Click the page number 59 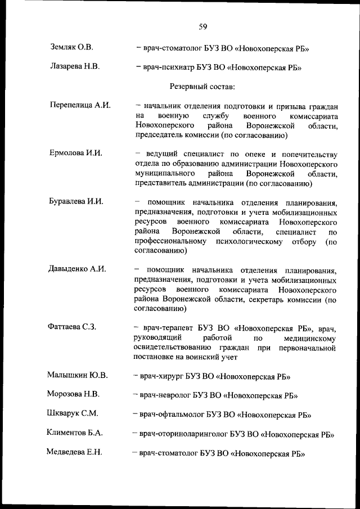point(203,25)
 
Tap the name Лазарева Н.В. point(74,67)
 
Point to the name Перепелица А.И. point(80,105)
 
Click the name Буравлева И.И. point(76,201)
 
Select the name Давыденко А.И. point(78,268)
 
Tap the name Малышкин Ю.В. point(78,375)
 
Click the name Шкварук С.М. point(73,413)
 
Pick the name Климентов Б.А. point(75,433)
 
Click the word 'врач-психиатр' point(168,67)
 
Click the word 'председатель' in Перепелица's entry point(160,136)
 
